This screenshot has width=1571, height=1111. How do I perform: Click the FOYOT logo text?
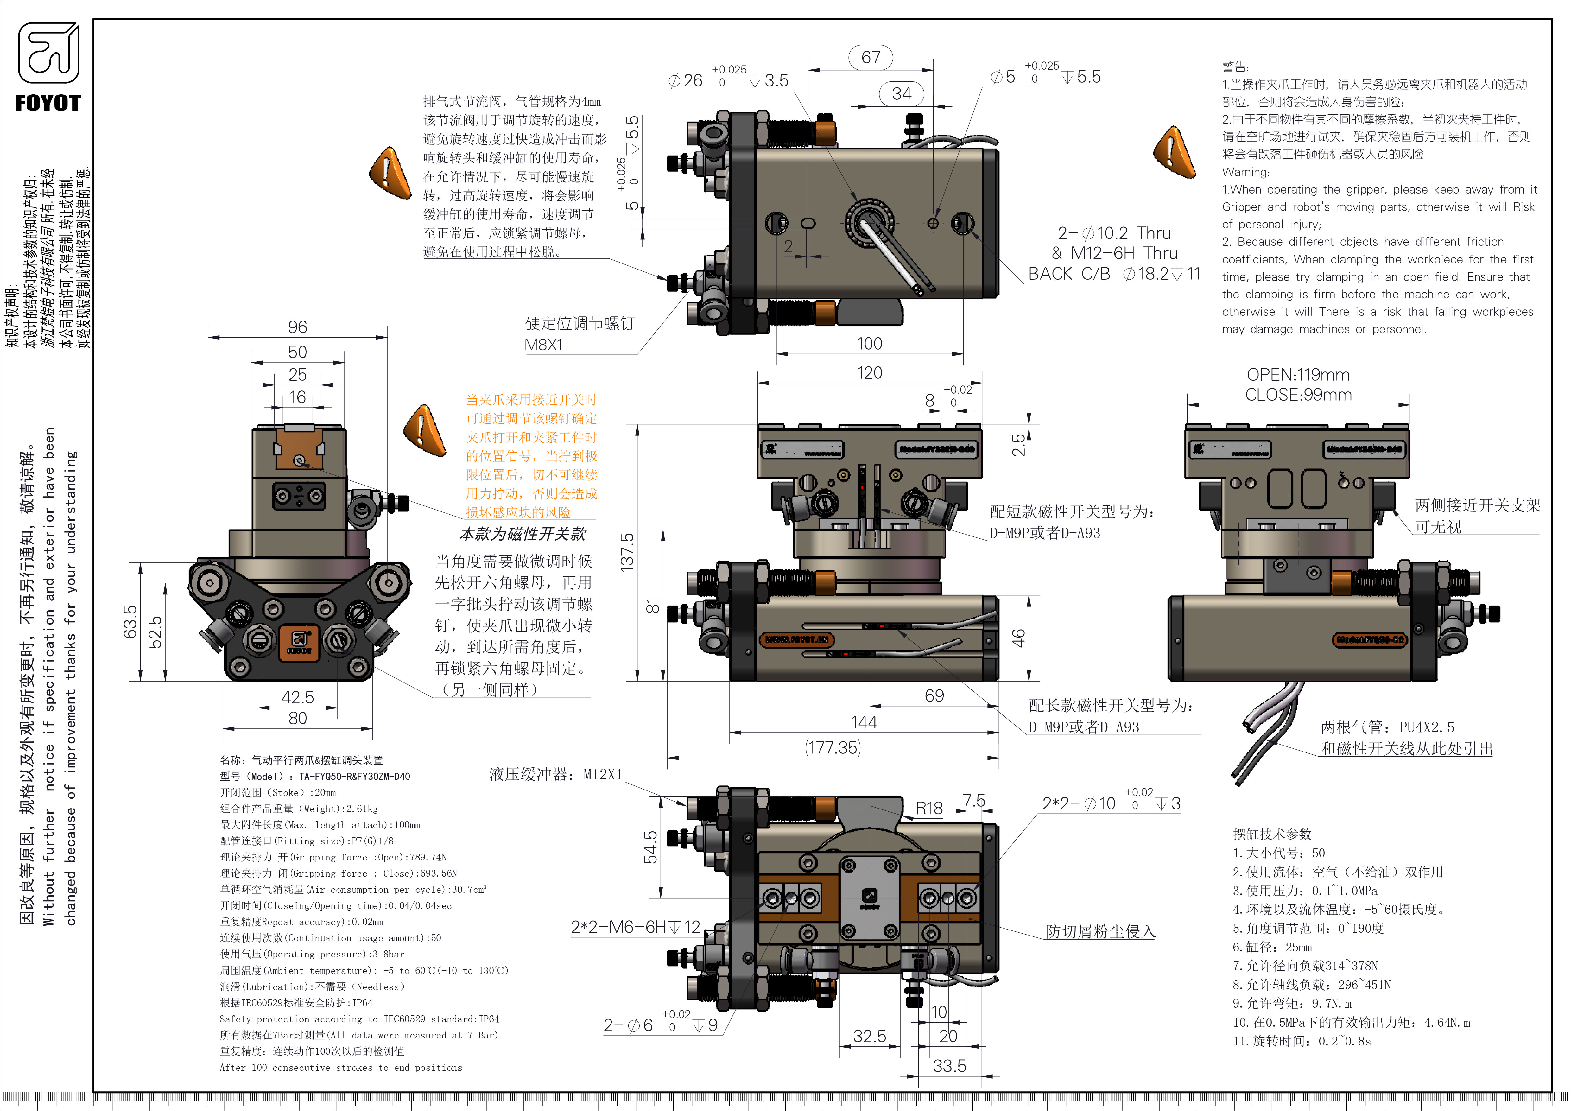coord(48,103)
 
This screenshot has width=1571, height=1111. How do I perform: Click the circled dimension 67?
coord(870,57)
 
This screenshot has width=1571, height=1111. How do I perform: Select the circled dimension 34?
coord(902,94)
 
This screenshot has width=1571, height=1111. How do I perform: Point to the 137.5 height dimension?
coord(627,551)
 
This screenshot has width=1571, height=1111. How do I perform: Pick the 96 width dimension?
coord(298,327)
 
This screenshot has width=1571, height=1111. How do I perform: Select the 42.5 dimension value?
coord(298,697)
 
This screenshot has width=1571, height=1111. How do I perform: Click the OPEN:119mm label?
coord(1298,375)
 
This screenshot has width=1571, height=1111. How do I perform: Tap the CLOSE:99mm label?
coord(1298,395)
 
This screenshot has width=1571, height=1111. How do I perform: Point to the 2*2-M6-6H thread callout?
coord(635,927)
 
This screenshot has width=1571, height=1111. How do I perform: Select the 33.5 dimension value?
coord(950,1066)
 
